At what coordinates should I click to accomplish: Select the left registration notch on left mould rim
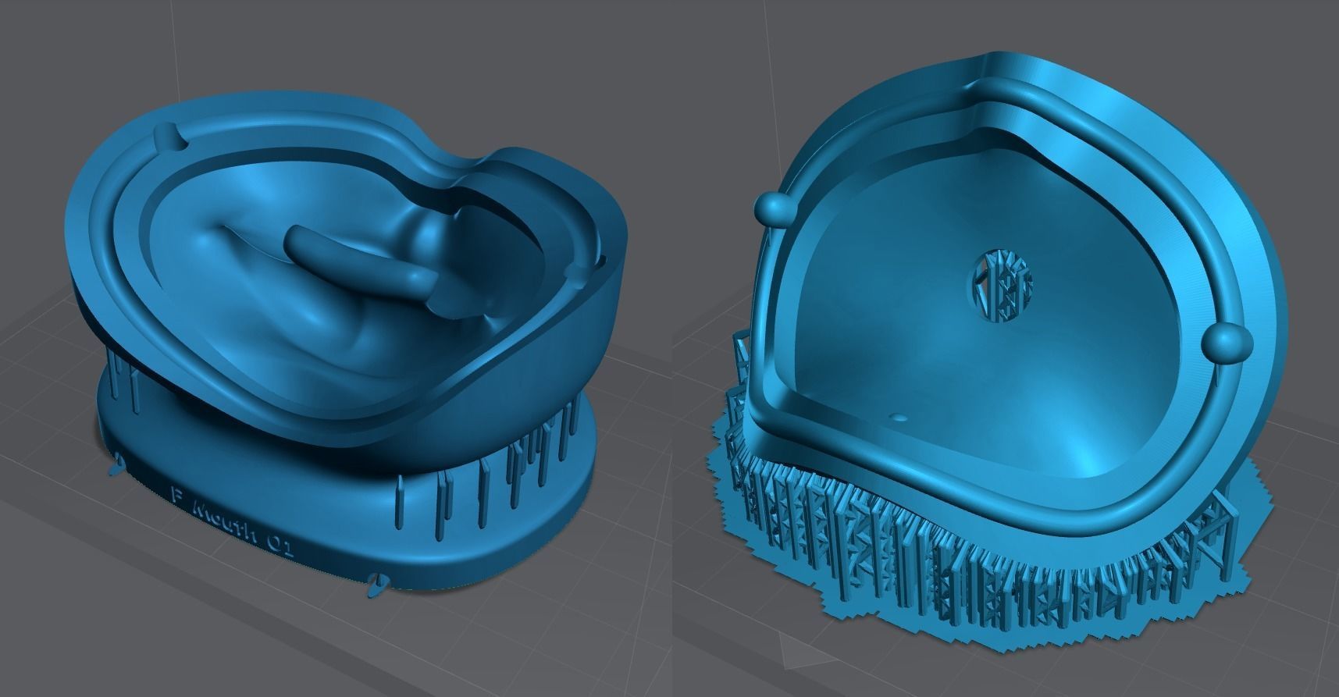point(170,137)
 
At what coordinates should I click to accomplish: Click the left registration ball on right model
point(775,208)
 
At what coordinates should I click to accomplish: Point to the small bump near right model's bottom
point(899,418)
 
